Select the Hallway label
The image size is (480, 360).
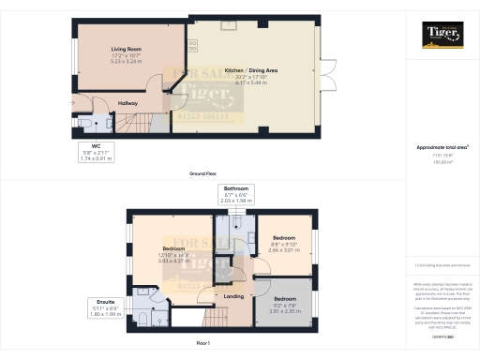[127, 103]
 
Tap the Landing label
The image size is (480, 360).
[233, 296]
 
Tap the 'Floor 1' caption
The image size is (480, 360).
[203, 346]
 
